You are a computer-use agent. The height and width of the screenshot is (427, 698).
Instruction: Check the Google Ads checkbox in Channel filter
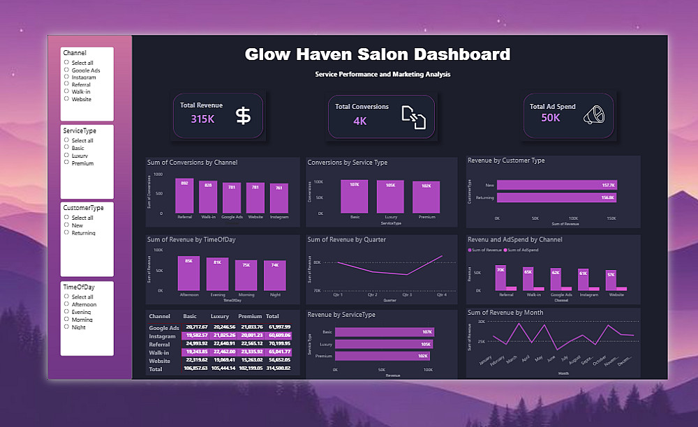point(66,70)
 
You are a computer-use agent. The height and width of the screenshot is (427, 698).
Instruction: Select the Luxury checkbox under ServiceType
point(66,156)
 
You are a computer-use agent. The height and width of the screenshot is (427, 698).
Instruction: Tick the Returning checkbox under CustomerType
point(66,232)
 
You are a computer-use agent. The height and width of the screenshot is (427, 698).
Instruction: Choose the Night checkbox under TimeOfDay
point(66,327)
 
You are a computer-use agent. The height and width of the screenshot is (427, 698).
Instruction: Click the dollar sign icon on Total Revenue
point(243,116)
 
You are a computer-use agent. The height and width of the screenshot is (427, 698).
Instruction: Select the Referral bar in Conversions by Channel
point(185,196)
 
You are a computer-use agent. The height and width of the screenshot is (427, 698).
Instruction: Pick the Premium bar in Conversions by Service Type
point(426,197)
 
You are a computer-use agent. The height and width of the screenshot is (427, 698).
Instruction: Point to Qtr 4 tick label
point(441,294)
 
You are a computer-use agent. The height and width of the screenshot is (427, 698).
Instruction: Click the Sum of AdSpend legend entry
point(519,249)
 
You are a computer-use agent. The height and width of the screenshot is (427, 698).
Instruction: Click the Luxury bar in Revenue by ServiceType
point(384,345)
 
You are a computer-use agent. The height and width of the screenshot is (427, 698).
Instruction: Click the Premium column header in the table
point(249,316)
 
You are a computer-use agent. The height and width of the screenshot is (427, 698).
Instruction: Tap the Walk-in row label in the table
point(161,352)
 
